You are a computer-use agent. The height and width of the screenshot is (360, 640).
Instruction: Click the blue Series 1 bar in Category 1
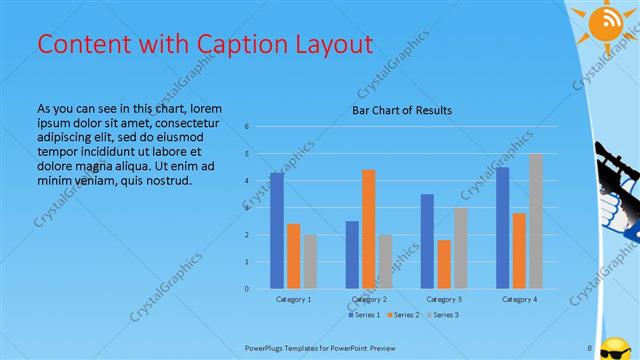point(277,231)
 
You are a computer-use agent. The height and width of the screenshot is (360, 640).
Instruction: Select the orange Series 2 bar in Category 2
point(368,229)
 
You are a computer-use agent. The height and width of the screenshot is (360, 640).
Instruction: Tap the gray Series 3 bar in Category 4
point(535,221)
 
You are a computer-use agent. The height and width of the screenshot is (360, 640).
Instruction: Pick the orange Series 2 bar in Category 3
point(444,264)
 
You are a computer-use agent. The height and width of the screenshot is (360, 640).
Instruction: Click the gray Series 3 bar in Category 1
point(310,261)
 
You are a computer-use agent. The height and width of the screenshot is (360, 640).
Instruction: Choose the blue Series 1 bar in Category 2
point(352,255)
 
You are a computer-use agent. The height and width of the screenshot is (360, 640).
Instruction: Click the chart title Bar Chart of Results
point(401,110)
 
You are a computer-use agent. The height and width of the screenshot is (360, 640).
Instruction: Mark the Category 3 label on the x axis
point(444,299)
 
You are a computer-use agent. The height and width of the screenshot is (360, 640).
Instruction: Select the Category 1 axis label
point(293,299)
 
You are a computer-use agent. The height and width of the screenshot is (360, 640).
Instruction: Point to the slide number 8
point(590,348)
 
